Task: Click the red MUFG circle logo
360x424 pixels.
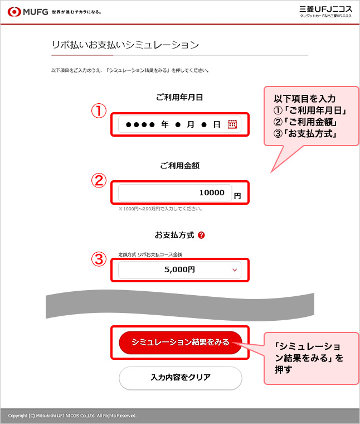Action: [x=14, y=12]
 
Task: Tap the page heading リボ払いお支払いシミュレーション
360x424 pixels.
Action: [x=125, y=45]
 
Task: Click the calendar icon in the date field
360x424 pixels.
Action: [x=232, y=124]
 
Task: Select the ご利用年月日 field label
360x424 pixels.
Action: [x=179, y=97]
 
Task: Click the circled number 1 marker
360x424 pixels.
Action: [x=99, y=111]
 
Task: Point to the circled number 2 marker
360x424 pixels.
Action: [x=99, y=180]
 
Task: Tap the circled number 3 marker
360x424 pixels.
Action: [x=99, y=259]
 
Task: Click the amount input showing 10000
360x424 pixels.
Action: [x=175, y=192]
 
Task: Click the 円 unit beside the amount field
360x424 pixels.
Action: [x=237, y=196]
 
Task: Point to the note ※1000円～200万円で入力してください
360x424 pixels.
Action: [x=160, y=209]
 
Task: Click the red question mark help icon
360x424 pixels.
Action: [x=201, y=235]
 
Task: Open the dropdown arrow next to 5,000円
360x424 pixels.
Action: [x=235, y=270]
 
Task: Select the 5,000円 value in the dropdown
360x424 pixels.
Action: [x=179, y=269]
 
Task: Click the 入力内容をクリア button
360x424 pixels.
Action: [x=181, y=378]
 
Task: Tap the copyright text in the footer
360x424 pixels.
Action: [x=72, y=416]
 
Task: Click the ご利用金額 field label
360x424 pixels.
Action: [x=180, y=166]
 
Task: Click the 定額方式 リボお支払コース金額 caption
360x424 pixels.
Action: [x=150, y=254]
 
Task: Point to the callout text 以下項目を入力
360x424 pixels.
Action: [x=305, y=99]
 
